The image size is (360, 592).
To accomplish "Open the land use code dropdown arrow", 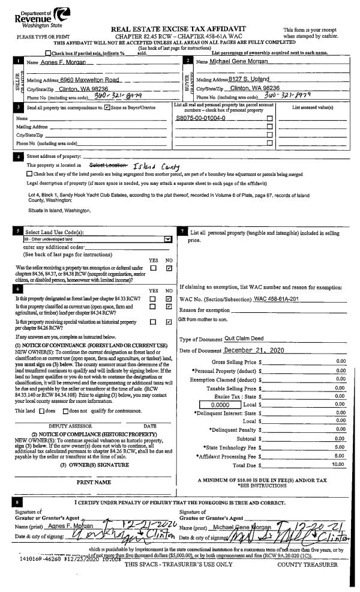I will [167, 238].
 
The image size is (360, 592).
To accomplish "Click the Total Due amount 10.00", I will [339, 464].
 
